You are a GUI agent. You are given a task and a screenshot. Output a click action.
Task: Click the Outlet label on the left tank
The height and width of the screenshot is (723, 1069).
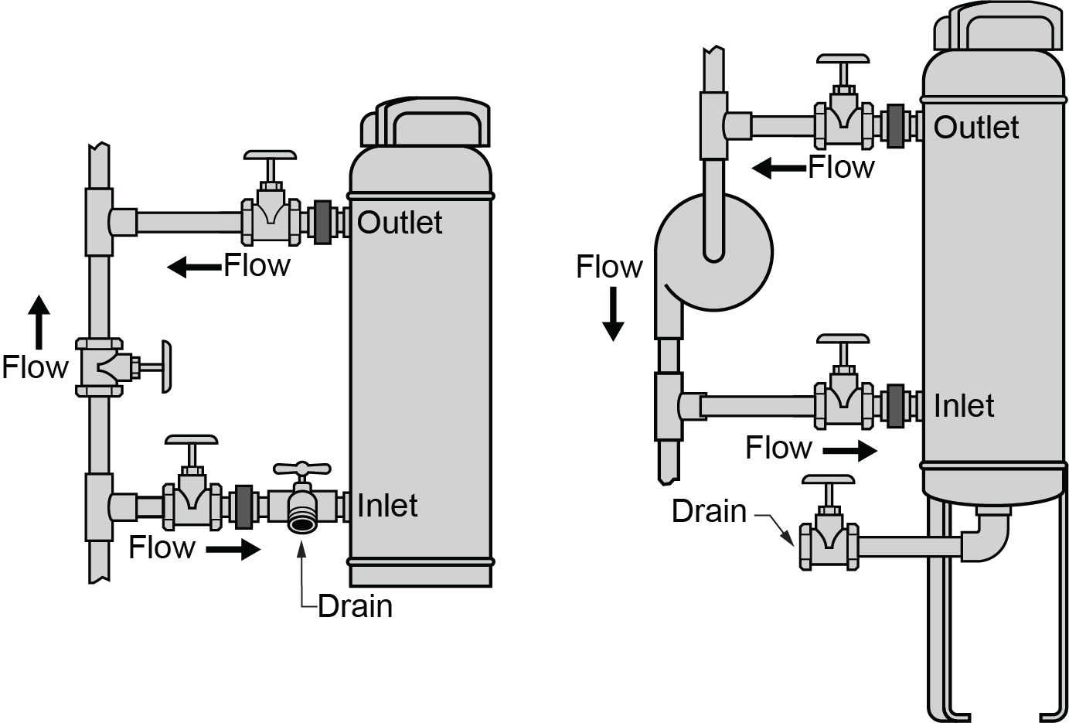(x=400, y=223)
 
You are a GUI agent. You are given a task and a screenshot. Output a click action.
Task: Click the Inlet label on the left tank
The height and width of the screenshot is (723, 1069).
(x=387, y=506)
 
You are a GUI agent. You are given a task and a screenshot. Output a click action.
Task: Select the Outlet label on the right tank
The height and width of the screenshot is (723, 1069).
(x=976, y=128)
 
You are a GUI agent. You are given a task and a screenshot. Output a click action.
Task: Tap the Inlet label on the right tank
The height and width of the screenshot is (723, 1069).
(x=964, y=406)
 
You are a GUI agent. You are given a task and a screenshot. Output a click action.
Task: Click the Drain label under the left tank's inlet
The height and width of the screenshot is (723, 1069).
(x=356, y=606)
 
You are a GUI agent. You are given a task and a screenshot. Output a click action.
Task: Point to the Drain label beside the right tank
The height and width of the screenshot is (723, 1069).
(x=709, y=511)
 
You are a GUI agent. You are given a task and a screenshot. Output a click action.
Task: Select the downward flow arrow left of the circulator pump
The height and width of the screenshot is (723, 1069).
(x=613, y=314)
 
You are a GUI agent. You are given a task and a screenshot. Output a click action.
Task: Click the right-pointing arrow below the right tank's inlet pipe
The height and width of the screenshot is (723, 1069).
(x=851, y=450)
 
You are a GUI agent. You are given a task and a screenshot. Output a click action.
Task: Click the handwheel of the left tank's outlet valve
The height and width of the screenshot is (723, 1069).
(x=270, y=155)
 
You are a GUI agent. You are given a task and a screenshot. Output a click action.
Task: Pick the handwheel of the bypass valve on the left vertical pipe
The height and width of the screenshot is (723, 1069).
(x=167, y=366)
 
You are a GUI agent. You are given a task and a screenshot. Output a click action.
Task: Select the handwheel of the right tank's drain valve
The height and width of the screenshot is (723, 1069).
(x=829, y=479)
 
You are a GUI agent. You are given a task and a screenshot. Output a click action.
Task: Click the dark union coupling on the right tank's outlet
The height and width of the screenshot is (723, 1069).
(x=897, y=125)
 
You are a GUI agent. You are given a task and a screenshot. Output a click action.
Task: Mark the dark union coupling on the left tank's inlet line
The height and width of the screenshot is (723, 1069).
(x=243, y=506)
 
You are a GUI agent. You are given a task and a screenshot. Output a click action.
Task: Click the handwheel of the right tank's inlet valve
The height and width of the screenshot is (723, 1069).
(x=843, y=339)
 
